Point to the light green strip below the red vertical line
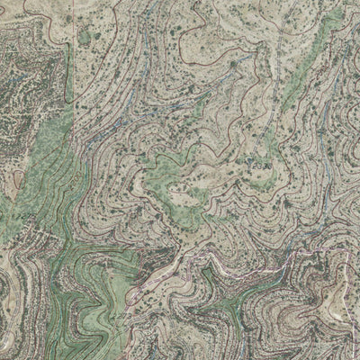pyautogui.click(x=54, y=135)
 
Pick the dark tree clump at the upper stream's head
pyautogui.click(x=236, y=65)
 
